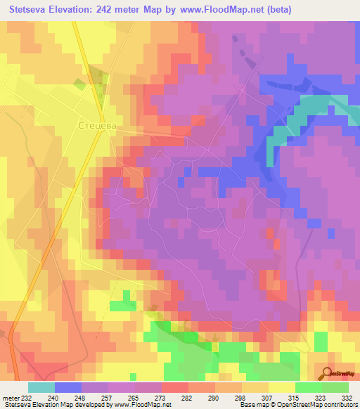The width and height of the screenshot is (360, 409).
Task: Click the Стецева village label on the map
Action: pos(96,125)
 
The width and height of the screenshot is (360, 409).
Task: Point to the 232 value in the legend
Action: pos(26,397)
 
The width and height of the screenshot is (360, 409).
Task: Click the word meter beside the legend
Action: pos(10,397)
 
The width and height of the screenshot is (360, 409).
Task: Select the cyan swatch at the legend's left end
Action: pos(41,387)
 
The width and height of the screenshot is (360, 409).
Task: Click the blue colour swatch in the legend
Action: pos(68,387)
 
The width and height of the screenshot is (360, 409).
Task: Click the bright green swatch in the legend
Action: pos(309,387)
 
